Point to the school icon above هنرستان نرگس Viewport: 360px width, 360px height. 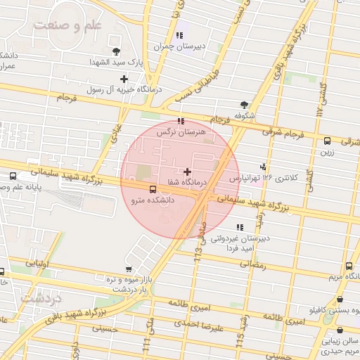[182, 121]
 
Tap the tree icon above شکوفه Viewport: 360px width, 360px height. [244, 103]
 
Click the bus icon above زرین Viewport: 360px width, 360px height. [327, 141]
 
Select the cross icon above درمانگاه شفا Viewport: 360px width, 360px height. [186, 172]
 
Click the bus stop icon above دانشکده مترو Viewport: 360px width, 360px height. [153, 188]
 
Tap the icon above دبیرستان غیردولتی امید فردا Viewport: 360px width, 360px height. [240, 227]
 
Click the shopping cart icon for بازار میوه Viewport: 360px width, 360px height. [128, 269]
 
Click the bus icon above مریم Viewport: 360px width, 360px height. [349, 266]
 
